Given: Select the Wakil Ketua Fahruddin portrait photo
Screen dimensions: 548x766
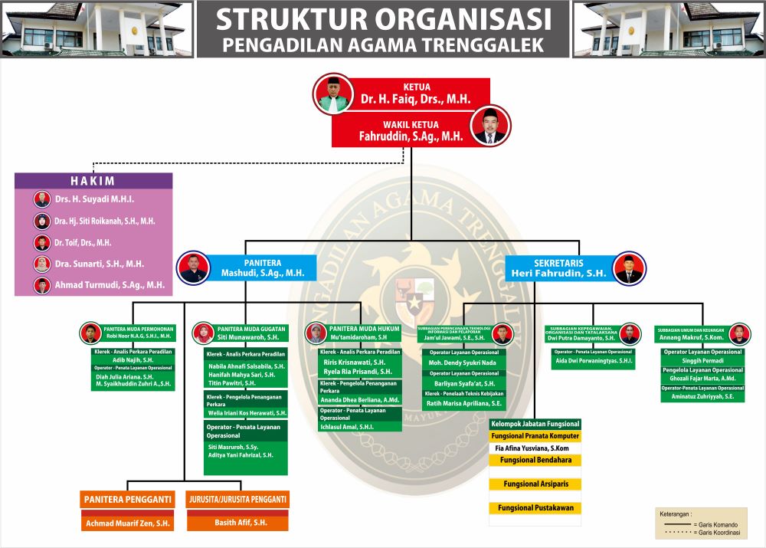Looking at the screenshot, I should pos(490,126).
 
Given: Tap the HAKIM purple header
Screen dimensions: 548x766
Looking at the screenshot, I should pos(93,181).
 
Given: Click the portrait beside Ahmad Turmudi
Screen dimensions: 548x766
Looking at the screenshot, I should pos(42,285).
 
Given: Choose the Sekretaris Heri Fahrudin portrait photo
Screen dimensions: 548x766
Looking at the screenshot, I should pos(629,269).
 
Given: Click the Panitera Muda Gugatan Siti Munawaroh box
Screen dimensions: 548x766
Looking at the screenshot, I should pos(241,333).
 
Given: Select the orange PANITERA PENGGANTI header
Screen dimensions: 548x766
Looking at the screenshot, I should pos(128,500).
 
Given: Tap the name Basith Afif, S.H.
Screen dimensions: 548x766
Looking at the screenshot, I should pos(237,523).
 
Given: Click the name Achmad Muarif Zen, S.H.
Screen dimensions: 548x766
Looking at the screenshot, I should pos(128,523).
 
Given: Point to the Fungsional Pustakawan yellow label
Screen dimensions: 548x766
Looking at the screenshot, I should pos(535,508).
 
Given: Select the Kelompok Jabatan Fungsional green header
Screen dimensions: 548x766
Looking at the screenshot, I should pos(535,424).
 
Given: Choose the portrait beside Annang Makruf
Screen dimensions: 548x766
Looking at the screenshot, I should pos(739,333).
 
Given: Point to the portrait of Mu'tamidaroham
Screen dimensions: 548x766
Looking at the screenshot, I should pos(316,333).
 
